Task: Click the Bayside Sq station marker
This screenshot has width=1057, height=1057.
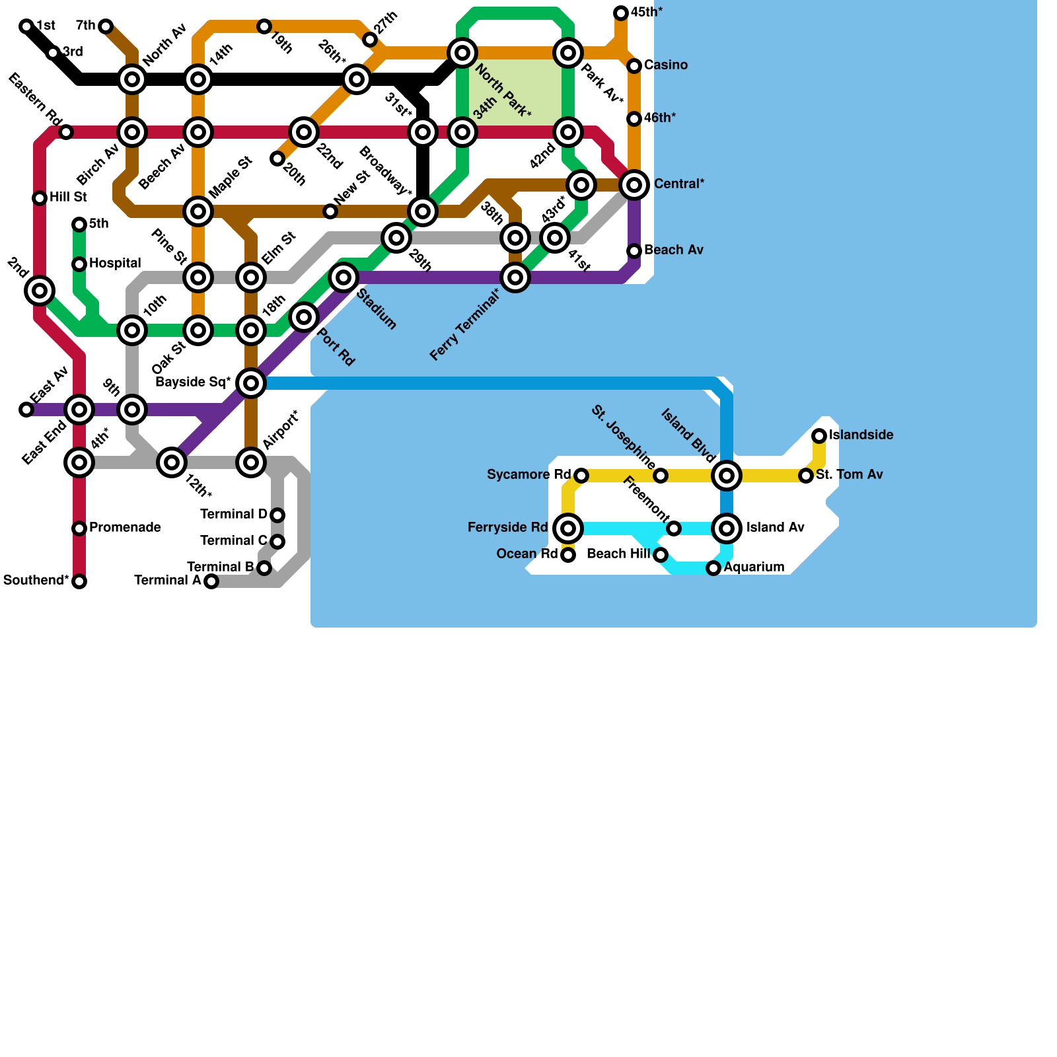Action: coord(251,383)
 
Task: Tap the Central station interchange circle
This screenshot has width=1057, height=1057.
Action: coord(634,185)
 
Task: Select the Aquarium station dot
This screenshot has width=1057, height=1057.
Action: coord(713,568)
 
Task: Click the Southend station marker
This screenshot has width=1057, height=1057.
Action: coord(79,581)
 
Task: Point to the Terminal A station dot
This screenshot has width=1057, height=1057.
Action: coord(211,581)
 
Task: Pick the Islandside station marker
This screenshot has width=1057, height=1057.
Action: coord(819,436)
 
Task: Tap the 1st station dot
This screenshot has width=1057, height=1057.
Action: coord(26,26)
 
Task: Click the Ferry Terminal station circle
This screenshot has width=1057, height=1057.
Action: coord(515,277)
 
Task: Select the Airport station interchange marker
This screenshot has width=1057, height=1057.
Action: coord(251,462)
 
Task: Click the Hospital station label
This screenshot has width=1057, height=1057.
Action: coord(115,264)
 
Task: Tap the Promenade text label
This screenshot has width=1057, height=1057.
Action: coord(125,528)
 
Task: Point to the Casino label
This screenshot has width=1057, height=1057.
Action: coord(666,65)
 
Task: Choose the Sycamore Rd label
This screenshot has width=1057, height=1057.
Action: coord(528,475)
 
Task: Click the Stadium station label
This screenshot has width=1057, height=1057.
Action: coord(376,309)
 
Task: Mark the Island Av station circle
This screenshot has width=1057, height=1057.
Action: coord(727,528)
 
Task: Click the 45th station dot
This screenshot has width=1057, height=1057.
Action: coord(621,13)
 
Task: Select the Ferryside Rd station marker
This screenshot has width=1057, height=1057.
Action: coord(568,528)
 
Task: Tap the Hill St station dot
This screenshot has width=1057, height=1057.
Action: coord(40,198)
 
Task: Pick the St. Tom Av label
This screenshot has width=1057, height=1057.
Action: coord(849,475)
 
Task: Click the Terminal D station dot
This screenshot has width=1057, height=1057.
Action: coord(277,515)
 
